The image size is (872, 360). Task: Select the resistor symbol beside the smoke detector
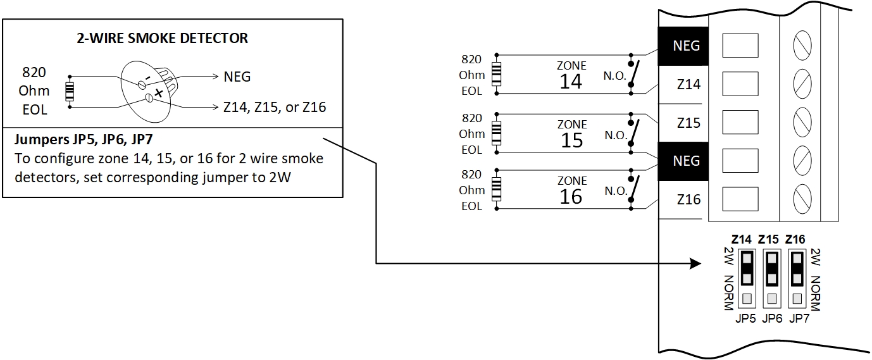pos(70,92)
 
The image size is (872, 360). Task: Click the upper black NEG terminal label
pos(686,46)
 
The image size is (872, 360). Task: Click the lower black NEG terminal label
pos(686,161)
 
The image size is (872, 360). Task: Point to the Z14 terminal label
pos(688,84)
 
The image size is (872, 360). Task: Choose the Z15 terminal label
pos(688,123)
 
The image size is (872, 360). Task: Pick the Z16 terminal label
pos(688,199)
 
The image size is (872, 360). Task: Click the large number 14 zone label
pos(571,82)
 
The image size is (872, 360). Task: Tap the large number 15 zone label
pos(571,140)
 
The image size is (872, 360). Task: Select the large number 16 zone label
pos(571,197)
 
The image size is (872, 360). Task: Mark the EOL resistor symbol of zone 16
pos(497,189)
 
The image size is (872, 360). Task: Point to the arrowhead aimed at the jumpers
pos(696,263)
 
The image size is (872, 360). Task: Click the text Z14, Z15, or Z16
pos(275,107)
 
